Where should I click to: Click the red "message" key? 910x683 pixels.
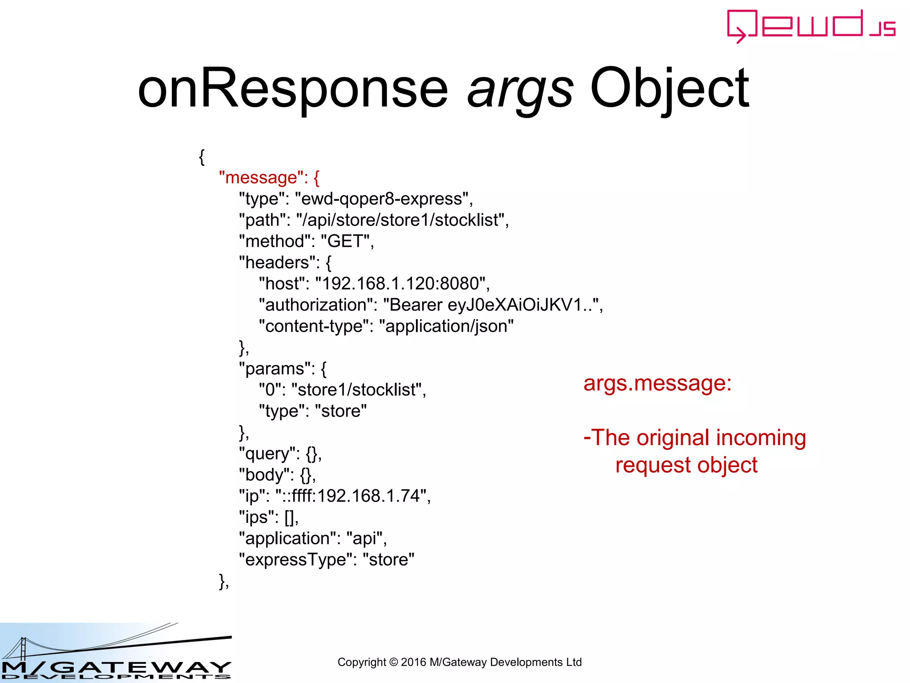261,178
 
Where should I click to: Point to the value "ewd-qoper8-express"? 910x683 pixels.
383,199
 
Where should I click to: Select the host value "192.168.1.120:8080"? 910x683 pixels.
400,284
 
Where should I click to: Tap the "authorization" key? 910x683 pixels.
317,305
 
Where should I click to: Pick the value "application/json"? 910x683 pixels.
446,326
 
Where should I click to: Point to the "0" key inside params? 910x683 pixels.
270,390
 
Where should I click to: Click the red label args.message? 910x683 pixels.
657,383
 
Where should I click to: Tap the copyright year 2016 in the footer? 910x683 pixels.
413,663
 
